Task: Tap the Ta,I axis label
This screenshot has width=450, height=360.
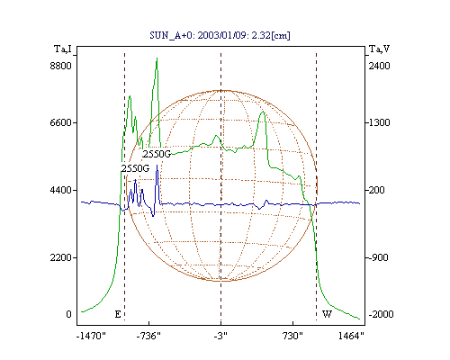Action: (x=63, y=49)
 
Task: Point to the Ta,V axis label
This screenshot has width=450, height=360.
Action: (x=379, y=49)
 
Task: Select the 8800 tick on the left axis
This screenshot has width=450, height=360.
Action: (x=61, y=66)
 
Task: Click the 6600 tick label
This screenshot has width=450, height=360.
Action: (x=61, y=122)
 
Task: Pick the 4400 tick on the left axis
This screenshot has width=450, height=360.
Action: (x=61, y=190)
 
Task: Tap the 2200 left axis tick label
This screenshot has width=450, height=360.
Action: (x=61, y=257)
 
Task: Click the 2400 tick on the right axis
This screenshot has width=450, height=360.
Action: (x=379, y=66)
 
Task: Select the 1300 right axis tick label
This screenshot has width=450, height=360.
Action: (x=379, y=122)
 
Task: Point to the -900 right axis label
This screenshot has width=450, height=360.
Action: (x=378, y=257)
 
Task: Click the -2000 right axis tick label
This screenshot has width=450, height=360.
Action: (x=381, y=314)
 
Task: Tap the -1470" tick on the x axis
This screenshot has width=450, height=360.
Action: (x=91, y=336)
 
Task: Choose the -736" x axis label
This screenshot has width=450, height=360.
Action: (x=148, y=336)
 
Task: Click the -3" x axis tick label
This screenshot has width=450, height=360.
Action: (x=220, y=336)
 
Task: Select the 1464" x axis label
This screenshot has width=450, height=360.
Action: (x=351, y=336)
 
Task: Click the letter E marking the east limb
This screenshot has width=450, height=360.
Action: (x=118, y=314)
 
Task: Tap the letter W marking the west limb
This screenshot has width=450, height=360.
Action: (x=327, y=314)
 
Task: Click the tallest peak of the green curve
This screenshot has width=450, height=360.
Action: (x=157, y=58)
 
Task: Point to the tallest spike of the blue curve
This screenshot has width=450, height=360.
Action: (x=157, y=166)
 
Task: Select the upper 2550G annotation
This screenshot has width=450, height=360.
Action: (x=157, y=154)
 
